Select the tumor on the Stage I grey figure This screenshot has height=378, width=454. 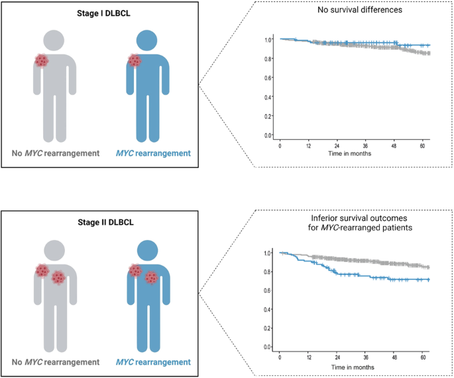pyautogui.click(x=42, y=60)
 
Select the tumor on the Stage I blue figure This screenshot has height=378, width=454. pyautogui.click(x=135, y=60)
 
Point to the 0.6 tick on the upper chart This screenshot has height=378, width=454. pyautogui.click(x=268, y=78)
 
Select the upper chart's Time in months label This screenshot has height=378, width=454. pyautogui.click(x=349, y=153)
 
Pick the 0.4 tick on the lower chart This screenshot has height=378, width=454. pyautogui.click(x=268, y=310)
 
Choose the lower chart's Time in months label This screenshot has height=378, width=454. pyautogui.click(x=349, y=366)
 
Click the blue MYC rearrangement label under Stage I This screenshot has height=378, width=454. pyautogui.click(x=153, y=153)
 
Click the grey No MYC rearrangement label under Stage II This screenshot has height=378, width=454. pyautogui.click(x=56, y=362)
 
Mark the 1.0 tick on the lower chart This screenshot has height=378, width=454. pyautogui.click(x=268, y=253)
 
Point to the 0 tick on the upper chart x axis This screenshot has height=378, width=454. pyautogui.click(x=280, y=145)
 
